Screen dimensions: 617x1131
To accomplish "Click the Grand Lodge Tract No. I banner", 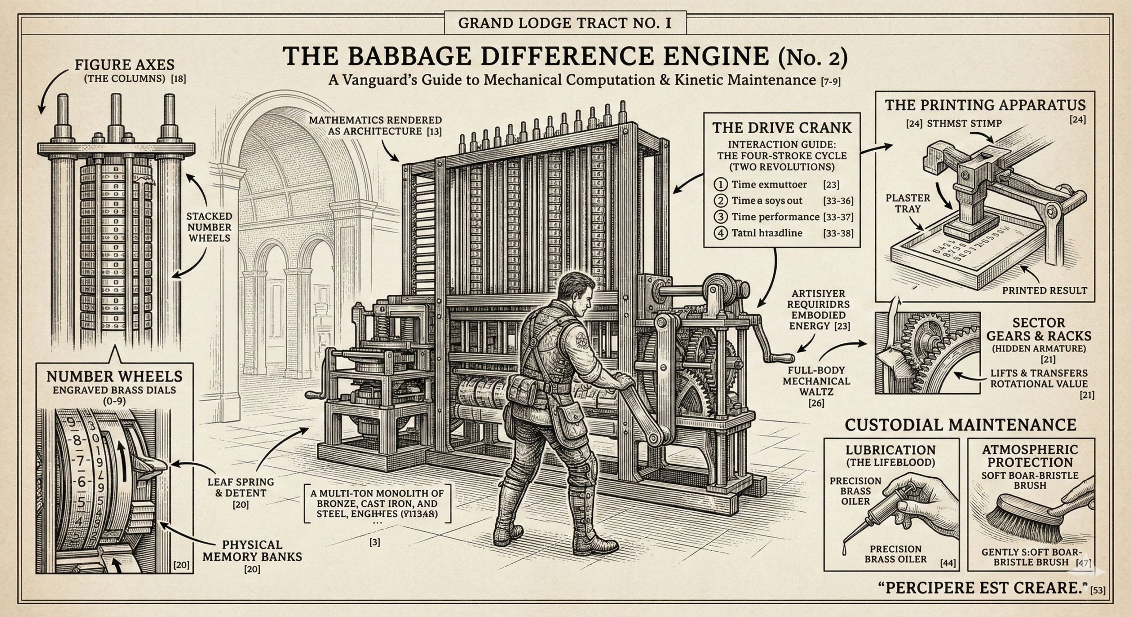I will (x=565, y=23).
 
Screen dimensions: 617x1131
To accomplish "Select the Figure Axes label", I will (x=124, y=65).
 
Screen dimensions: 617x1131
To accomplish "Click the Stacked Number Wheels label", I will (x=209, y=227).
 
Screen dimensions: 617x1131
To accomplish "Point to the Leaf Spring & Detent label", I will (x=240, y=488).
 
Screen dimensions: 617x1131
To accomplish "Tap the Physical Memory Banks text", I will (x=252, y=551).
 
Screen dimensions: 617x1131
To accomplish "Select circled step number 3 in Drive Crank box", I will (x=721, y=217).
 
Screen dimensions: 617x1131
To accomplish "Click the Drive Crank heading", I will (x=782, y=128).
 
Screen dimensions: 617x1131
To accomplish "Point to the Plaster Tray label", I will (x=907, y=203).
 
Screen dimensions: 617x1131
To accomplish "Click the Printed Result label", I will (x=1044, y=290).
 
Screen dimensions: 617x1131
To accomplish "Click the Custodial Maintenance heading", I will (x=960, y=425).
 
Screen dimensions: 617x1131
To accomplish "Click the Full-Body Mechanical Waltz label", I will (x=816, y=381).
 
